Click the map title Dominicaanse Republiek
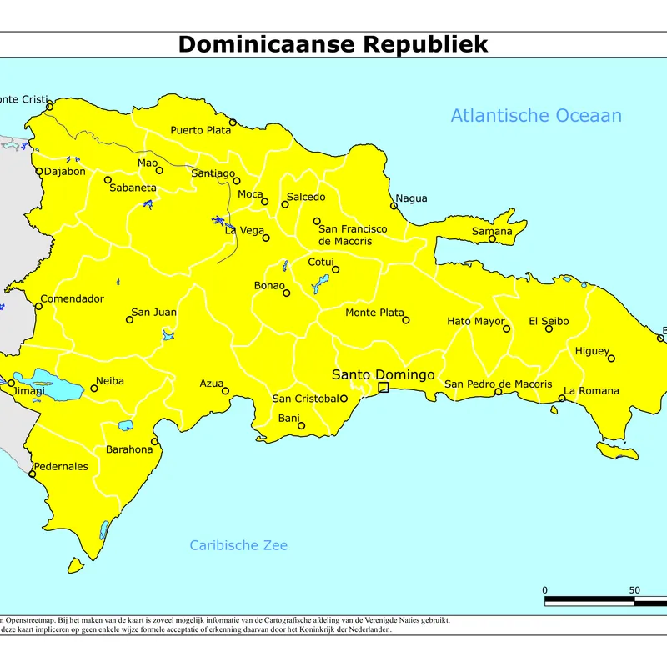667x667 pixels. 333,44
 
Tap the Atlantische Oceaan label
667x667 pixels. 536,116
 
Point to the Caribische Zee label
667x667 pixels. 238,545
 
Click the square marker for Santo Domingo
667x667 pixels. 384,388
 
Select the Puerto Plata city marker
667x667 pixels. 233,123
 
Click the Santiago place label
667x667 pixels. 213,173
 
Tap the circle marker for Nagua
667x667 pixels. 394,206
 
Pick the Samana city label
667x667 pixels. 492,231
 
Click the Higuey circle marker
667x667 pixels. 611,359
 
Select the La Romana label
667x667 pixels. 591,390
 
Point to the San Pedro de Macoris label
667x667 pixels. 498,384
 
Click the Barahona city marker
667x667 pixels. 154,442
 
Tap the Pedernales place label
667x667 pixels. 60,466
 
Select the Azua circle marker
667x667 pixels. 225,390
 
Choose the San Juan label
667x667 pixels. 153,313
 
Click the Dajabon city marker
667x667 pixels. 39,172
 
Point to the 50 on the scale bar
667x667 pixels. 634,590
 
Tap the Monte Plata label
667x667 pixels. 374,313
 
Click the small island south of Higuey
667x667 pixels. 622,450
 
